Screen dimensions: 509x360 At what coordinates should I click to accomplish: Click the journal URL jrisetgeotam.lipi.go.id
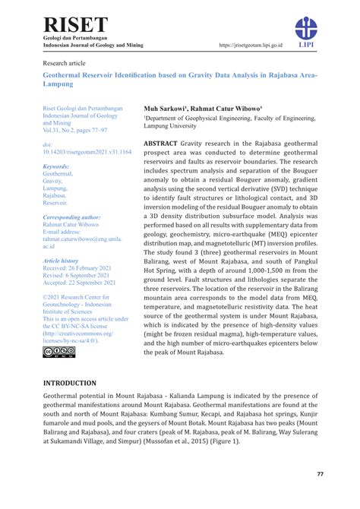coord(250,46)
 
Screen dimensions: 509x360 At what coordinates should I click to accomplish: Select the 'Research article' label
coord(65,63)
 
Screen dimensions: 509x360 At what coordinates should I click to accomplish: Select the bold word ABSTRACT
coord(161,143)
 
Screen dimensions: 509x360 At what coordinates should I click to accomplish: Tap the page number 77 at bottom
coord(321,474)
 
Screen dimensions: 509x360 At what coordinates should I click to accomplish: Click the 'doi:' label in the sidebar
coord(48,144)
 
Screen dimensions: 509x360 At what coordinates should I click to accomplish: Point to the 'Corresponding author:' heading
coord(71,217)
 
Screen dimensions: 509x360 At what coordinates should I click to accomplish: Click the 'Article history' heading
coord(60,260)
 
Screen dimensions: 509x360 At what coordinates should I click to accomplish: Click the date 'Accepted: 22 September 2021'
coord(79,283)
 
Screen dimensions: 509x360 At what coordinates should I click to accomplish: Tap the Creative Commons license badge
coord(59,351)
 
